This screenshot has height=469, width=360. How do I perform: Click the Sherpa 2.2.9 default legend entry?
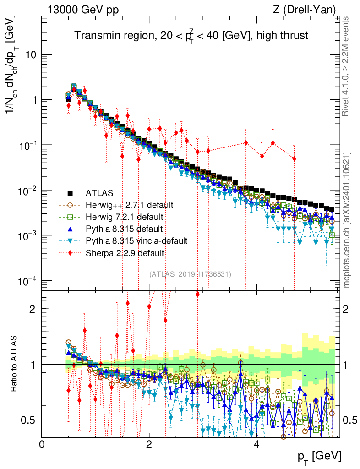point(122,252)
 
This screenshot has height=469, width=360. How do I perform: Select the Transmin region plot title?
point(191,35)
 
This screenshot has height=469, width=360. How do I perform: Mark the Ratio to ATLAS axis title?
point(15,365)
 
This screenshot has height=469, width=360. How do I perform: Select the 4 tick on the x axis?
point(256,445)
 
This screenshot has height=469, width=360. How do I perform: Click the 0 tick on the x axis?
point(42,445)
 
